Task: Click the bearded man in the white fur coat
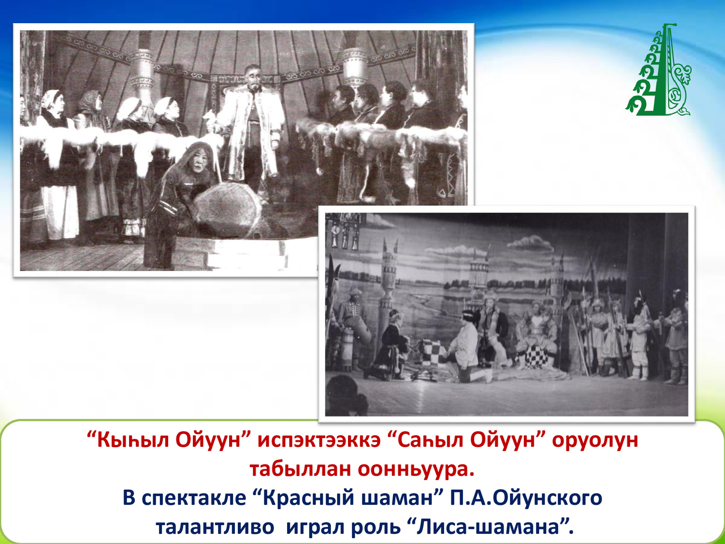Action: (x=251, y=129)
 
